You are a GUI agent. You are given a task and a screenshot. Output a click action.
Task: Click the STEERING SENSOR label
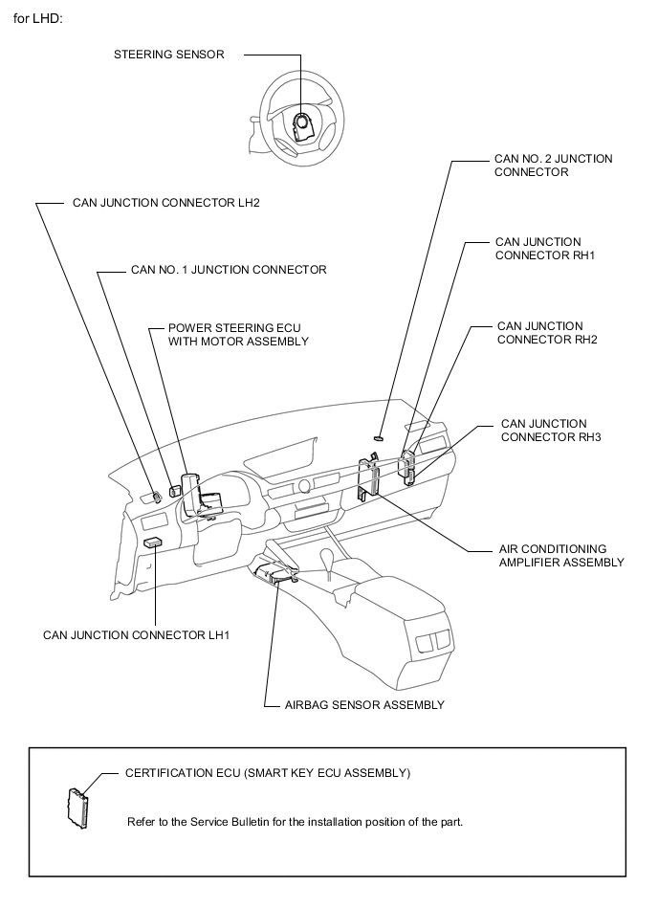click(169, 55)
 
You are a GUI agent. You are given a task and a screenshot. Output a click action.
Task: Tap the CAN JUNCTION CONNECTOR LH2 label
click(166, 203)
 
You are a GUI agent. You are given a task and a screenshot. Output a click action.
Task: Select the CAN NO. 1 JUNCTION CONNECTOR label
click(228, 270)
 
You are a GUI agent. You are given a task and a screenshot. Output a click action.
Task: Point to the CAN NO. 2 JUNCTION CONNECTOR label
click(553, 166)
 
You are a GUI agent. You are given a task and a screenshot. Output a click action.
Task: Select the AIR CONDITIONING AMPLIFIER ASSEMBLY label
click(561, 556)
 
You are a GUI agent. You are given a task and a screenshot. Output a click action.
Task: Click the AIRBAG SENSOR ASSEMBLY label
click(364, 705)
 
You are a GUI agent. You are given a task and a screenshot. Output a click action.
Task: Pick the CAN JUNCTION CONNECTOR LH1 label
click(136, 634)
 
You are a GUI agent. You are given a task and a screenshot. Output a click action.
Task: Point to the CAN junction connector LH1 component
click(152, 543)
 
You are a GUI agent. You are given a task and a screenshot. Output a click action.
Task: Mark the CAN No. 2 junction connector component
click(379, 435)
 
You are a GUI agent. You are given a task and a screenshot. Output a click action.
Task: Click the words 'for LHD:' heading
click(38, 19)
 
